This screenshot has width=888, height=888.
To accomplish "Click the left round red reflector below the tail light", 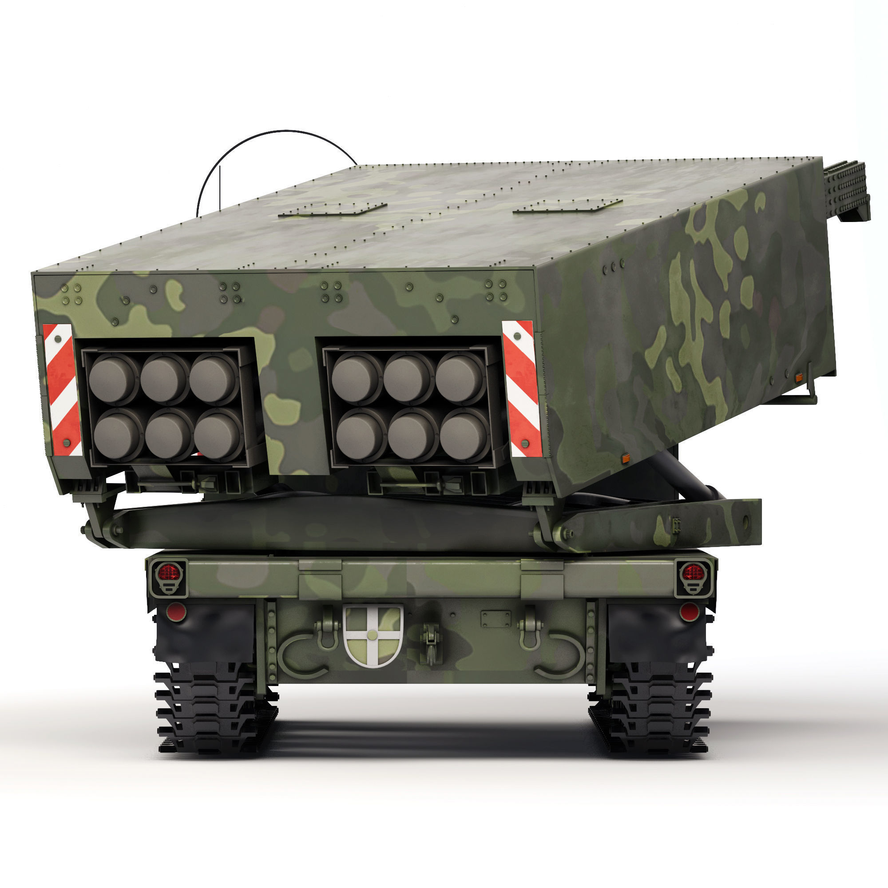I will pyautogui.click(x=175, y=611).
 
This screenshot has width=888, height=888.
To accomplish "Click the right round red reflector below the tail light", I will pyautogui.click(x=689, y=612).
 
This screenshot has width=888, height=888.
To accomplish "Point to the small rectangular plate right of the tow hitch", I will pyautogui.click(x=496, y=618).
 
